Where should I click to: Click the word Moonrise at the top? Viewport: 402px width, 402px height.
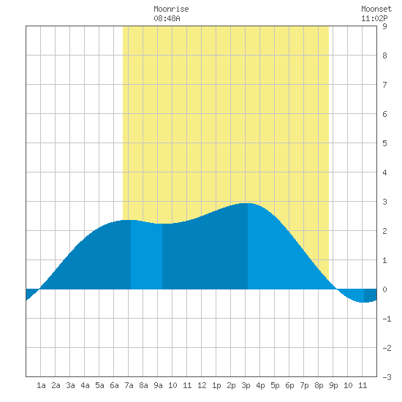coord(171,9)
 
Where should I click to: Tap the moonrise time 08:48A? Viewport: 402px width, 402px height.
coord(167,18)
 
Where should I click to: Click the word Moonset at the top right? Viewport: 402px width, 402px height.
coord(376,9)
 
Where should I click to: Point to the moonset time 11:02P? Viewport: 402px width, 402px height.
coord(374,18)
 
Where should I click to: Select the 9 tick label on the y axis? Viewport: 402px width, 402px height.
coord(384,26)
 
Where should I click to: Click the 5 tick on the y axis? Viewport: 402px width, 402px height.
coord(384,143)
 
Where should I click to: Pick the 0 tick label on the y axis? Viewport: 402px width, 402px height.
coord(384,289)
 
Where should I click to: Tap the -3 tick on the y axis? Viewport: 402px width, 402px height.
coord(387,377)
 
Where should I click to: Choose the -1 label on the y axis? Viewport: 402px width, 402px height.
coord(387,319)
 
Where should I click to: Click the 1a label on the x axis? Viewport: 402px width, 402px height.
coord(41,385)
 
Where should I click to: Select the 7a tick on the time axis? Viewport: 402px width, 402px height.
coord(129,385)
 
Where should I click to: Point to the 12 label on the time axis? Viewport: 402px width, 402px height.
coord(202,385)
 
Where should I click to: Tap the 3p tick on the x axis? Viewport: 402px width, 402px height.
coord(246,385)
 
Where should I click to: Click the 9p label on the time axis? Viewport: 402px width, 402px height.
coord(333,385)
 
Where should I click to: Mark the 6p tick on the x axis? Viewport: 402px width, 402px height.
coord(289,385)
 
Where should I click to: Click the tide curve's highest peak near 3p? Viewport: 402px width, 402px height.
coord(248,203)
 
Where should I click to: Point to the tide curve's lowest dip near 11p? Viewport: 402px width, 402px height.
coord(363,303)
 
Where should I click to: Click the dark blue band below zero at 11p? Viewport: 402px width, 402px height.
coord(371,295)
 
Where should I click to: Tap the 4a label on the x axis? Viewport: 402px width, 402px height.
coord(85,385)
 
